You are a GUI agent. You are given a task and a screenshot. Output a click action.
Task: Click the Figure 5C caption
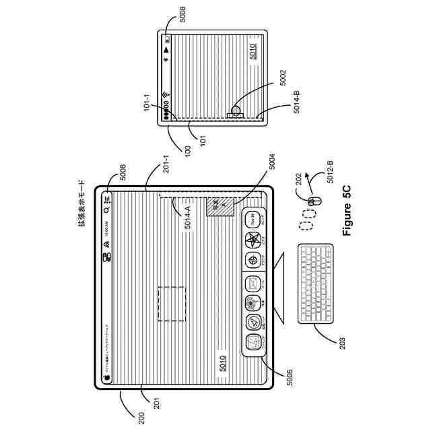[x=347, y=209]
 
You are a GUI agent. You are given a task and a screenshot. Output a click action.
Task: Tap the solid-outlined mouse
[x=312, y=201]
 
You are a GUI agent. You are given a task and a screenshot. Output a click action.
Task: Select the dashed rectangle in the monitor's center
[x=171, y=304]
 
